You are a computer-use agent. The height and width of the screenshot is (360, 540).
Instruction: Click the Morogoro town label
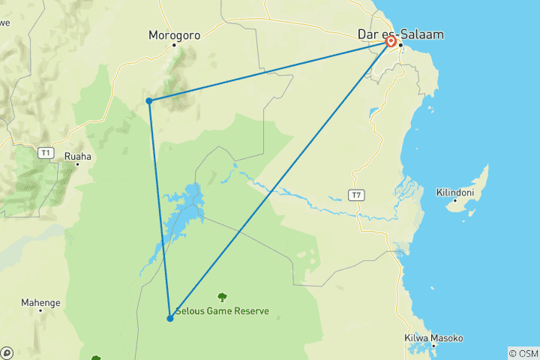point(174,34)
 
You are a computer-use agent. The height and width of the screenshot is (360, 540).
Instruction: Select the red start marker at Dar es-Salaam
point(391,42)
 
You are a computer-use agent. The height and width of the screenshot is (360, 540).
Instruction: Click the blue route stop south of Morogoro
point(149,100)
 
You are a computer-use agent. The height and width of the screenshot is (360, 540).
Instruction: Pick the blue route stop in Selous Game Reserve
point(170,319)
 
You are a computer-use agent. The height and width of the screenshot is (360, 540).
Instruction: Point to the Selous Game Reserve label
point(222,311)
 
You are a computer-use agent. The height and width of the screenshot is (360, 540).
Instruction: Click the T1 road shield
point(46,153)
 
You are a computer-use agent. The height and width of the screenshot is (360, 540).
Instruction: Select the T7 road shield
point(356,195)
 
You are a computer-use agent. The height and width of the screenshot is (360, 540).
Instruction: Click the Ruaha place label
point(78,157)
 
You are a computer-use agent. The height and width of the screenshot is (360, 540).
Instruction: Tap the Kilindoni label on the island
point(456,193)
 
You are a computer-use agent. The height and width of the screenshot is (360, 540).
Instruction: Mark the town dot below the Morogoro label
point(174,45)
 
